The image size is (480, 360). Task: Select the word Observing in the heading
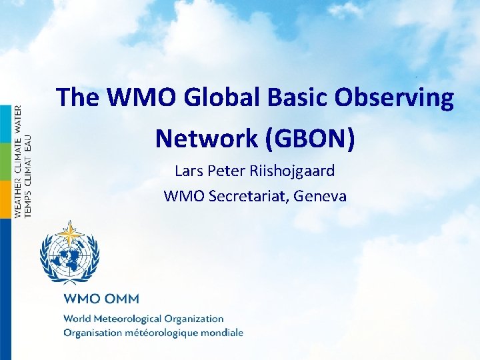pos(394,98)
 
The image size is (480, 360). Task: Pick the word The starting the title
pos(78,98)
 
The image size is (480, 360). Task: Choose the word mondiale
pos(223,332)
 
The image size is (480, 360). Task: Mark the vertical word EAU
pos(27,141)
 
